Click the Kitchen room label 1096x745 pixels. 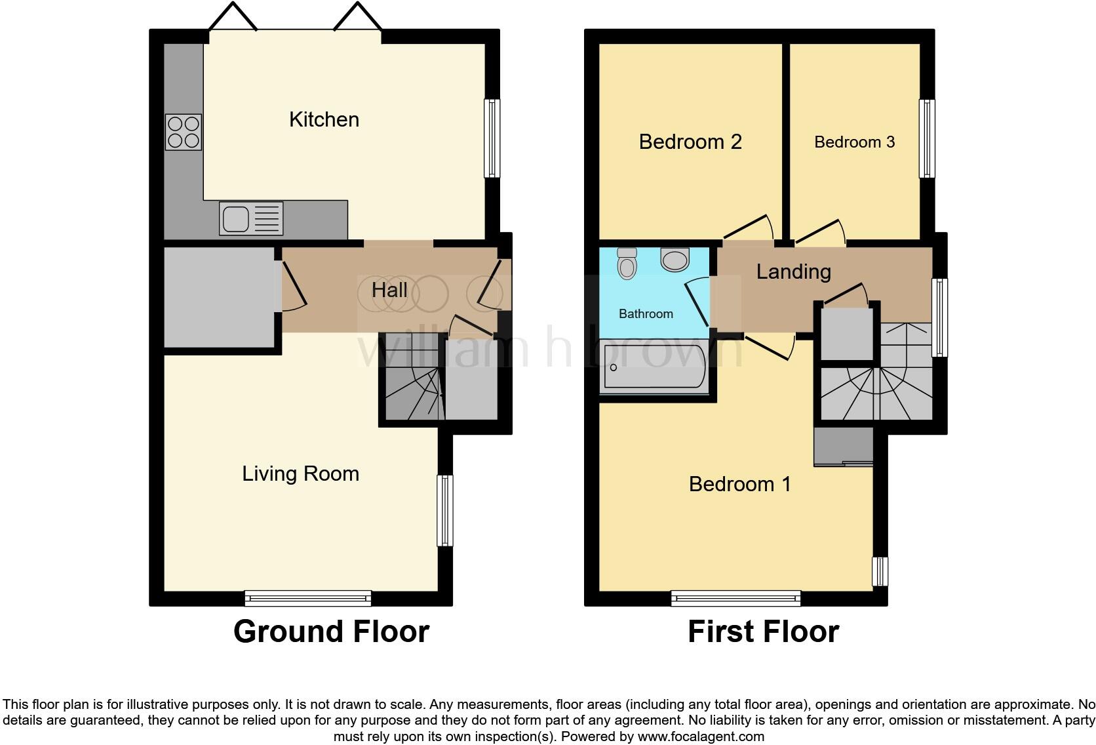tap(324, 119)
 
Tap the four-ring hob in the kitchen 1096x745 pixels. tap(183, 132)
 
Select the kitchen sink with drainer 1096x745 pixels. tap(252, 218)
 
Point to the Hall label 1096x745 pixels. tap(389, 290)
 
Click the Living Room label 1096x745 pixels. tap(300, 473)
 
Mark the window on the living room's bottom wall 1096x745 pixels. tap(307, 598)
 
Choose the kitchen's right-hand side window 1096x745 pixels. tap(492, 138)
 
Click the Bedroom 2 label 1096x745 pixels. tap(690, 142)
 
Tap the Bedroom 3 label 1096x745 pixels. tap(854, 142)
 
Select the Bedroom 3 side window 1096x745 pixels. tap(926, 138)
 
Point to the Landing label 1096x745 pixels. tap(793, 272)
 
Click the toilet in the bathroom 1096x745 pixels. tap(627, 263)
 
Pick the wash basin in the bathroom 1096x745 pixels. tap(675, 259)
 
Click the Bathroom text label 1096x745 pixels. tap(646, 313)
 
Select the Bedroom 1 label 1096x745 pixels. tap(739, 484)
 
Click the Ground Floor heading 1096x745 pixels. tap(331, 632)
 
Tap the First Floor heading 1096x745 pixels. tap(763, 632)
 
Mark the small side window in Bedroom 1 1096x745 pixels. tap(880, 571)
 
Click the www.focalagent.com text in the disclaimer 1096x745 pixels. tap(701, 736)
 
